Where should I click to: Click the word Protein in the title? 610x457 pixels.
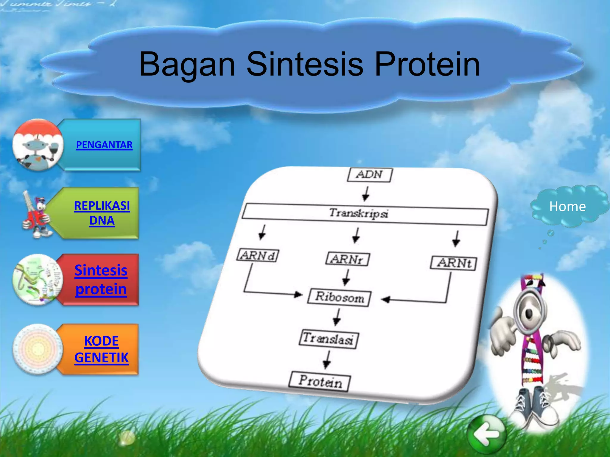(x=427, y=64)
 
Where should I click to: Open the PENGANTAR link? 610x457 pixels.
(x=104, y=145)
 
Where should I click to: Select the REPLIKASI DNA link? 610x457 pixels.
(x=102, y=213)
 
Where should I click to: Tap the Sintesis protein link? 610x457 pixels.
(x=101, y=280)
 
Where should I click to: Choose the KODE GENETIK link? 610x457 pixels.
(x=101, y=349)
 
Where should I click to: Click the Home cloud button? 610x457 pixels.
(x=567, y=206)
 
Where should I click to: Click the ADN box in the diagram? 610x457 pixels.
(x=370, y=175)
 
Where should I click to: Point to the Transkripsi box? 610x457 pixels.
(x=365, y=214)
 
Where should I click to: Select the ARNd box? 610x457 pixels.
(x=258, y=256)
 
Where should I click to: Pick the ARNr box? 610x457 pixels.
(x=348, y=259)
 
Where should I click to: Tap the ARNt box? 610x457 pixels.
(x=453, y=263)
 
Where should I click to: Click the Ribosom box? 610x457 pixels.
(x=340, y=297)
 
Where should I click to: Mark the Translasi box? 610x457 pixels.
(x=329, y=339)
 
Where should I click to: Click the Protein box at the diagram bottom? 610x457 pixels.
(x=320, y=381)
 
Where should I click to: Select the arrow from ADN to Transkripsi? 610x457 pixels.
(x=366, y=194)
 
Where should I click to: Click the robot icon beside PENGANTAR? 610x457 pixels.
(x=37, y=145)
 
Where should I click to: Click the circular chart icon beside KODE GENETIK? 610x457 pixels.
(x=37, y=349)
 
